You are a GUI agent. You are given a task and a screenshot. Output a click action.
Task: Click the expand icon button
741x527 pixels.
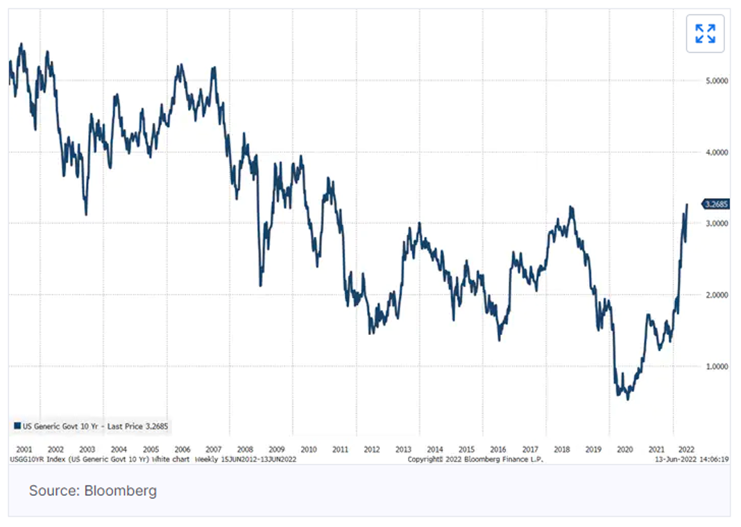705,33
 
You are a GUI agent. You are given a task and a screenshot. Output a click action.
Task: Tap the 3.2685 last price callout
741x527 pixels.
716,204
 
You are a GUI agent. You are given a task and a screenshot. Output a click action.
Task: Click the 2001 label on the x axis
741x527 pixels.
24,449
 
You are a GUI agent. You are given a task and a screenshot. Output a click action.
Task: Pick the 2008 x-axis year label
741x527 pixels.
245,449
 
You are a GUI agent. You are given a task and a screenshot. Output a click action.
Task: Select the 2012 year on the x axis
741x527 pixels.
371,449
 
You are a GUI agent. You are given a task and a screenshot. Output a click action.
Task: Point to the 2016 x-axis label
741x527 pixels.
498,449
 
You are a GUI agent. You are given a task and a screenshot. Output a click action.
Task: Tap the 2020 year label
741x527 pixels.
625,449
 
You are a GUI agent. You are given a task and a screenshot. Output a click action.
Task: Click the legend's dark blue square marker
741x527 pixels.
17,426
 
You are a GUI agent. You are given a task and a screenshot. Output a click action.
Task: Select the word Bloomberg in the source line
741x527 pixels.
121,491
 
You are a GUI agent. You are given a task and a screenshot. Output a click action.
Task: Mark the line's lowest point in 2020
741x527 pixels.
628,399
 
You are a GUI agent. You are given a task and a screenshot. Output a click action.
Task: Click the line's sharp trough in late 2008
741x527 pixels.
260,285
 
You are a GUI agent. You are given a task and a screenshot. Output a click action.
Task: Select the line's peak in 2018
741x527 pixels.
570,207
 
